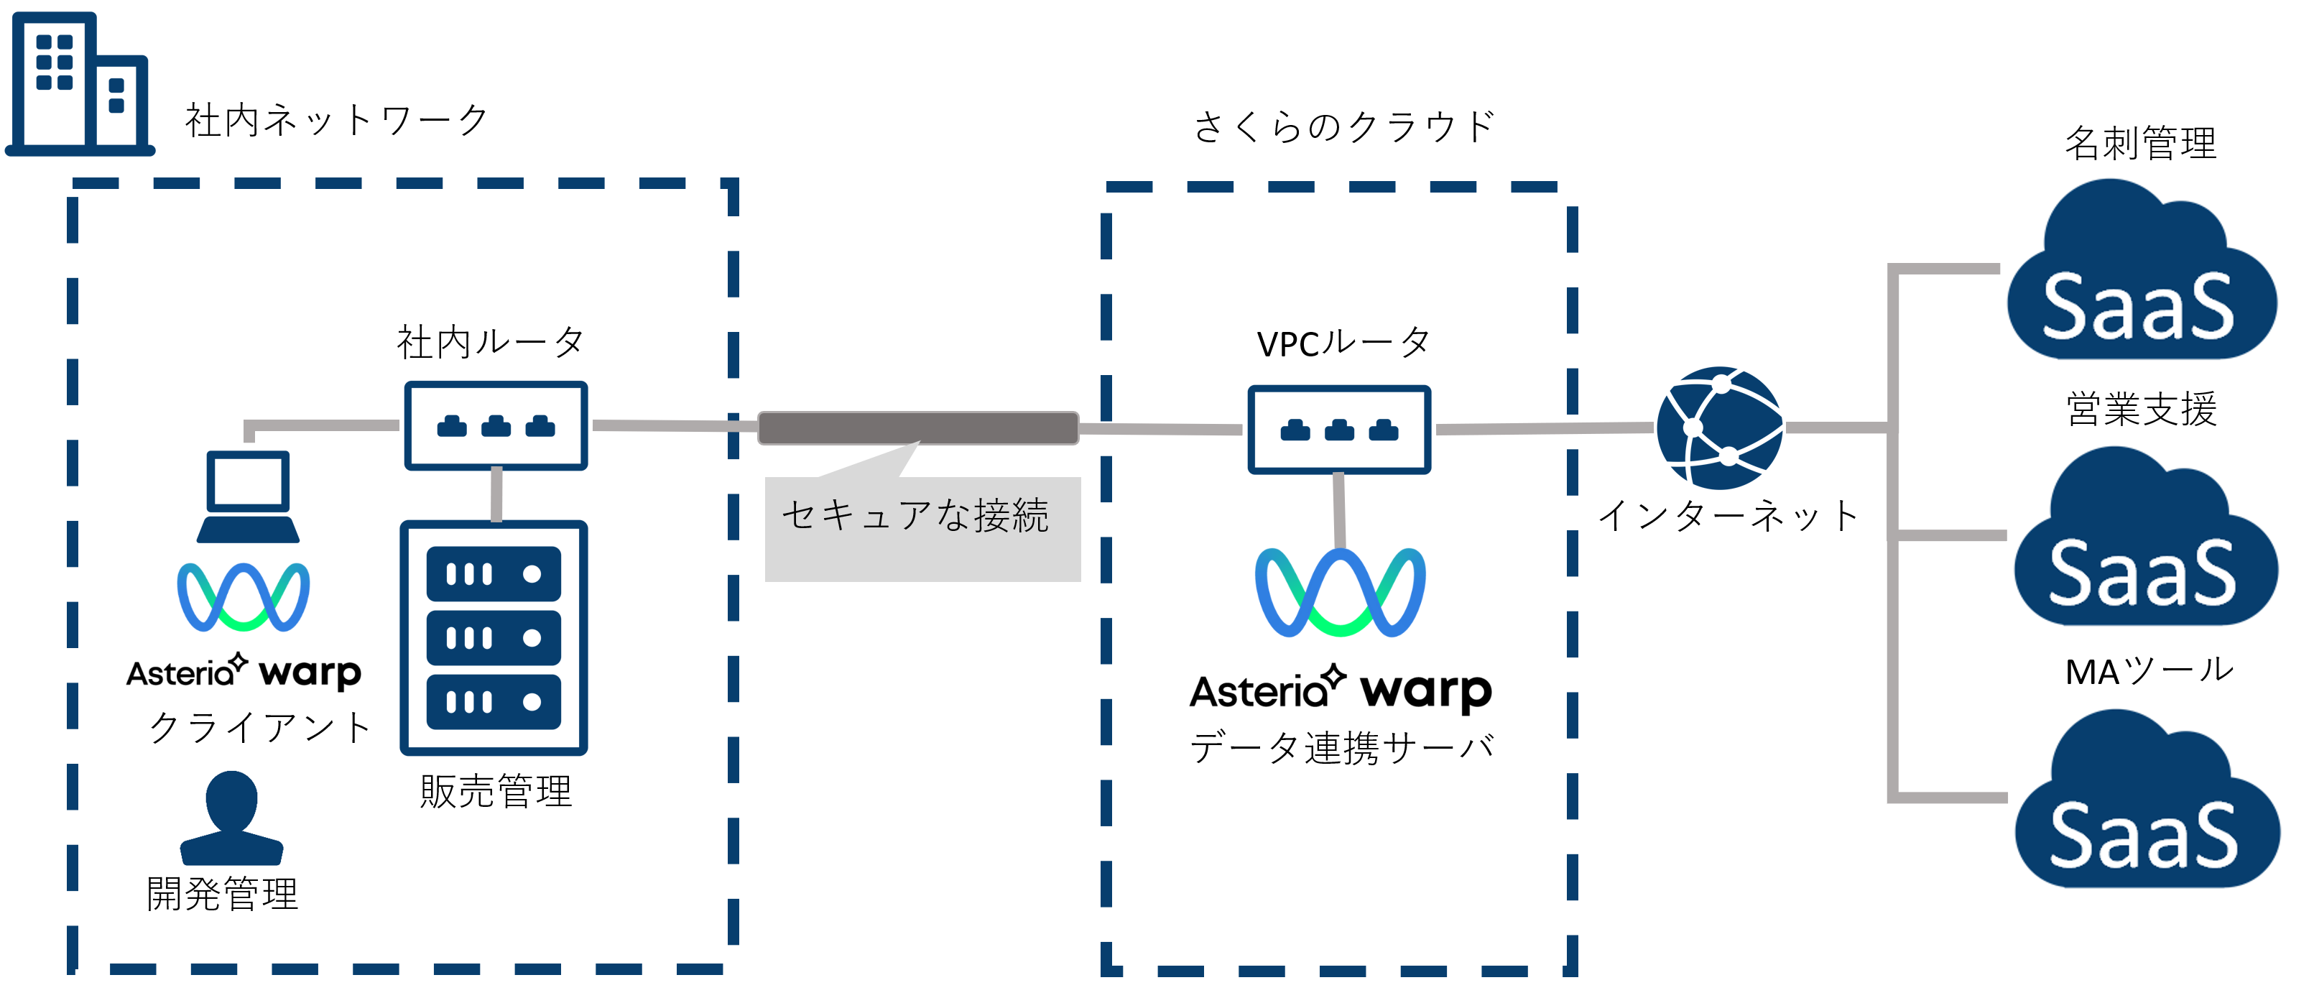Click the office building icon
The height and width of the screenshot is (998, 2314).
[79, 86]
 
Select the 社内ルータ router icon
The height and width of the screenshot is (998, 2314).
[496, 426]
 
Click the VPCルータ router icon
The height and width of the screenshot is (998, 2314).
[1338, 430]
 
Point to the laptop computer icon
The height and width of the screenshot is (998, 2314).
[248, 496]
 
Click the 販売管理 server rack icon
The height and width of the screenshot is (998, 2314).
[494, 638]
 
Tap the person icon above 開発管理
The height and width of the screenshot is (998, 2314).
[232, 818]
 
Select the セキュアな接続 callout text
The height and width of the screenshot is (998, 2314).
[915, 516]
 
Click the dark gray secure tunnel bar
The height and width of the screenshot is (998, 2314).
[918, 428]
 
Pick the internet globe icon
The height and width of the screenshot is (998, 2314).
[1719, 428]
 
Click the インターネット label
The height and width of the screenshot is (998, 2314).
[1726, 516]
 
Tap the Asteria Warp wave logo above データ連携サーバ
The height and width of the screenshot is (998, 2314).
[1339, 593]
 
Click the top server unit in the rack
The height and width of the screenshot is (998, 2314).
[494, 574]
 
